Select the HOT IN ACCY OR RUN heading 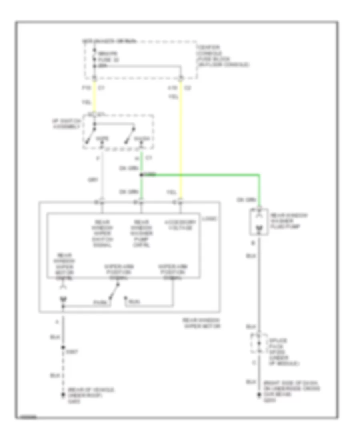tap(109, 41)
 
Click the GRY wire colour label tap(91, 180)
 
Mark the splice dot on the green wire tap(141, 175)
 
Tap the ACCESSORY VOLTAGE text tap(178, 225)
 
